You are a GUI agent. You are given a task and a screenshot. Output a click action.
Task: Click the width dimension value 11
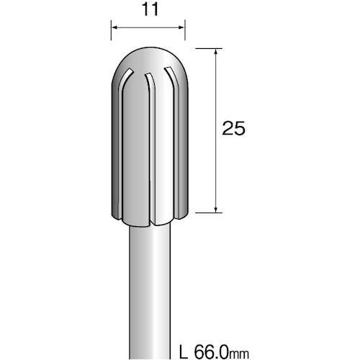pos(148,11)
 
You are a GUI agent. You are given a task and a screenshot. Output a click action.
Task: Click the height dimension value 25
pos(234,129)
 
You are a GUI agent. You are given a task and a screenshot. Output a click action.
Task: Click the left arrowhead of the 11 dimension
pos(114,31)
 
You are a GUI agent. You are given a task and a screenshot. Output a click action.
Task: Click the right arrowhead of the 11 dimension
pos(181,31)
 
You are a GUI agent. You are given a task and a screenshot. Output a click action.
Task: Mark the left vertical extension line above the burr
pos(111,32)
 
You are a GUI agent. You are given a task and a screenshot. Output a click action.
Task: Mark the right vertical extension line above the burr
pos(185,32)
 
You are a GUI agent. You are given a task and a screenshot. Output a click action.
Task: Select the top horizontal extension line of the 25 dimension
pos(206,48)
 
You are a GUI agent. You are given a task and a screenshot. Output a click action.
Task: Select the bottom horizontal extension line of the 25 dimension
pos(206,212)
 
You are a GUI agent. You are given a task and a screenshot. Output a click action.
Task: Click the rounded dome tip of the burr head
pos(148,56)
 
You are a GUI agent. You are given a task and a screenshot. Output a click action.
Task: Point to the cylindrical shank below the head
pos(148,288)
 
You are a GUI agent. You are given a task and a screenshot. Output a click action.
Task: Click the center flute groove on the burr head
pos(148,144)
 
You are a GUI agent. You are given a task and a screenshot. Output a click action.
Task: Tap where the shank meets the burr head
pos(148,223)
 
